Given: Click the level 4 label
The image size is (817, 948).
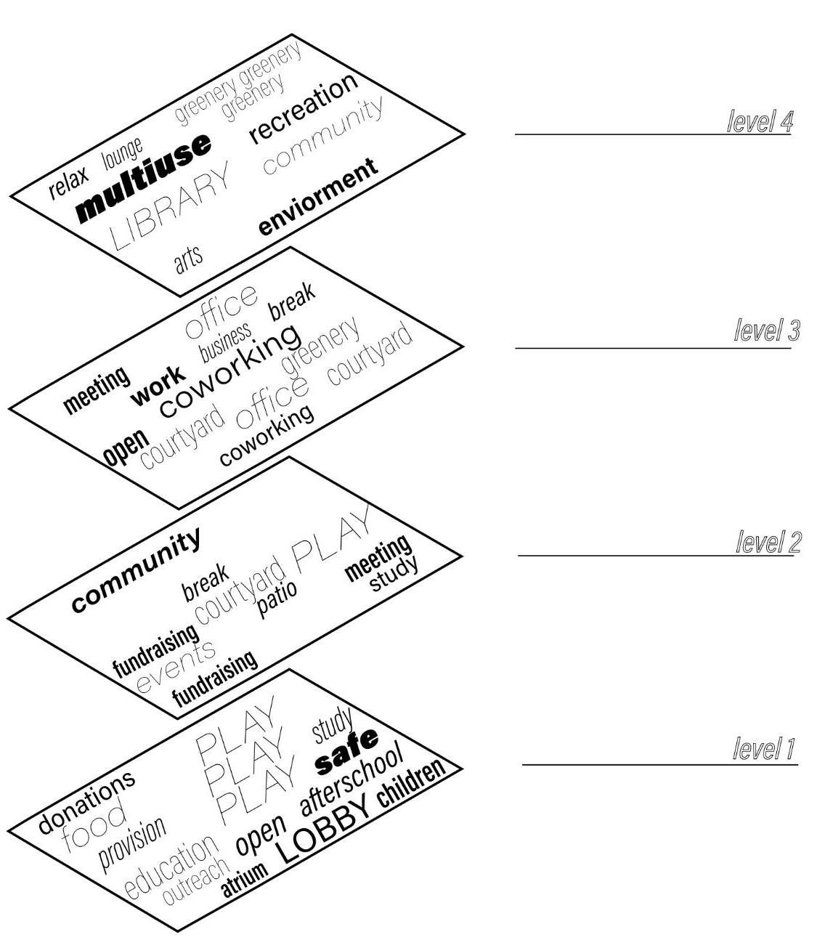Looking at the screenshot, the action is point(759,121).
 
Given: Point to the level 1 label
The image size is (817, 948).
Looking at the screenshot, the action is point(765,748).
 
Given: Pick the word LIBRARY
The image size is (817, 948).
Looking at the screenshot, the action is point(170,206).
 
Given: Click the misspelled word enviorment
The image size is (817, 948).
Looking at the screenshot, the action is point(319,196).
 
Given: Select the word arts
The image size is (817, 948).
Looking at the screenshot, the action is point(189,259).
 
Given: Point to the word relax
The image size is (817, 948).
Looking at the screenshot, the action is point(68,182).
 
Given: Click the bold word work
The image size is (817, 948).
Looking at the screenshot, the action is point(158,384).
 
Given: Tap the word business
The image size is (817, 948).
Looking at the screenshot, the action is point(225,341).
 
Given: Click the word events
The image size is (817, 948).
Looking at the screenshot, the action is point(176,665).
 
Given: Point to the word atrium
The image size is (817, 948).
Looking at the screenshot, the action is point(244,880).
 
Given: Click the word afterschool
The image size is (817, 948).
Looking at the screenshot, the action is point(351,779).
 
